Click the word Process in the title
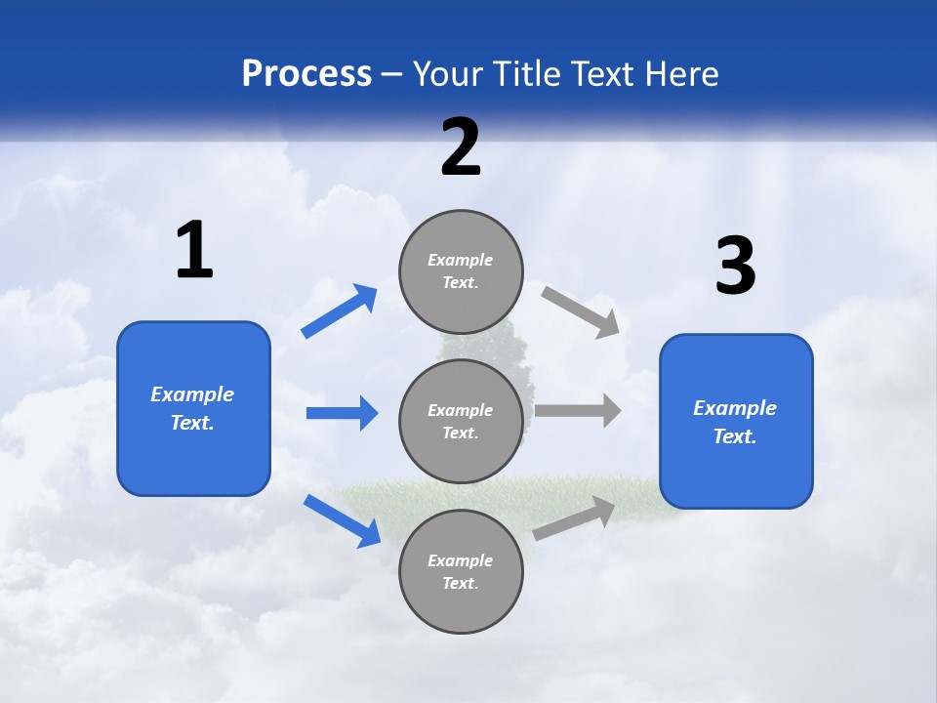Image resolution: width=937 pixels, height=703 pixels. (x=306, y=74)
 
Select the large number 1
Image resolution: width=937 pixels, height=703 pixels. (x=194, y=251)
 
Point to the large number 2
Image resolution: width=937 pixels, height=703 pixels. (x=461, y=147)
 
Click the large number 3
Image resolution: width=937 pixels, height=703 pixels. (x=735, y=266)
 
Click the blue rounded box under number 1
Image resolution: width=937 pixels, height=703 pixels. (x=193, y=459)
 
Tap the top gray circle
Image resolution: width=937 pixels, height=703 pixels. (x=461, y=234)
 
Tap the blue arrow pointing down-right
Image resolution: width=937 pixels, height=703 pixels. (x=343, y=520)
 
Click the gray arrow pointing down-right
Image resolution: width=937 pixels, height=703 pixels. (x=582, y=311)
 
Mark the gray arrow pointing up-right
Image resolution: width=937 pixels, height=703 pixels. (x=575, y=518)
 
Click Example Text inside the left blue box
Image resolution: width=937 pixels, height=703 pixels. (x=192, y=408)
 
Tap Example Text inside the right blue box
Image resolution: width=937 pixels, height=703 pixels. (x=735, y=422)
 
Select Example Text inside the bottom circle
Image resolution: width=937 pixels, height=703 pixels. (x=460, y=571)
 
